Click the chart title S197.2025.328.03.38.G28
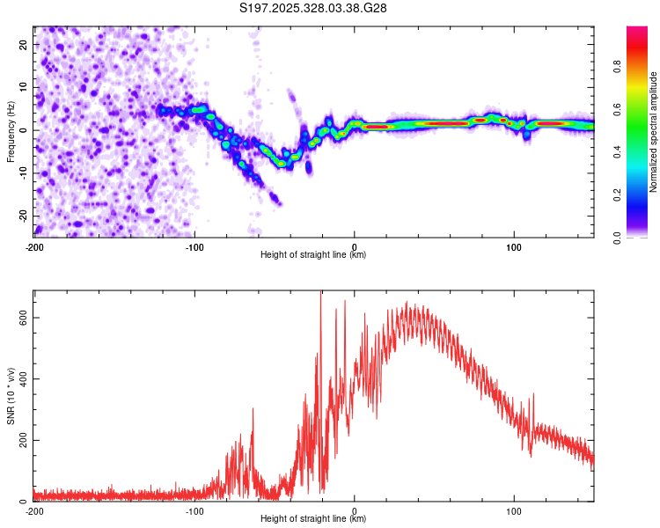click(314, 9)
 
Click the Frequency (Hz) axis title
click(11, 131)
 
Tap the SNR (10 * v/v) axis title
click(11, 395)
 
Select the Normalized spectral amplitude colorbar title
click(653, 132)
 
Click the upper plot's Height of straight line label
click(313, 254)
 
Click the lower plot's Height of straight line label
click(313, 518)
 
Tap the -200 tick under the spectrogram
click(33, 247)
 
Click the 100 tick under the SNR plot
click(514, 511)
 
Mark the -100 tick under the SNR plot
click(194, 511)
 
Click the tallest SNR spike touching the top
click(320, 296)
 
